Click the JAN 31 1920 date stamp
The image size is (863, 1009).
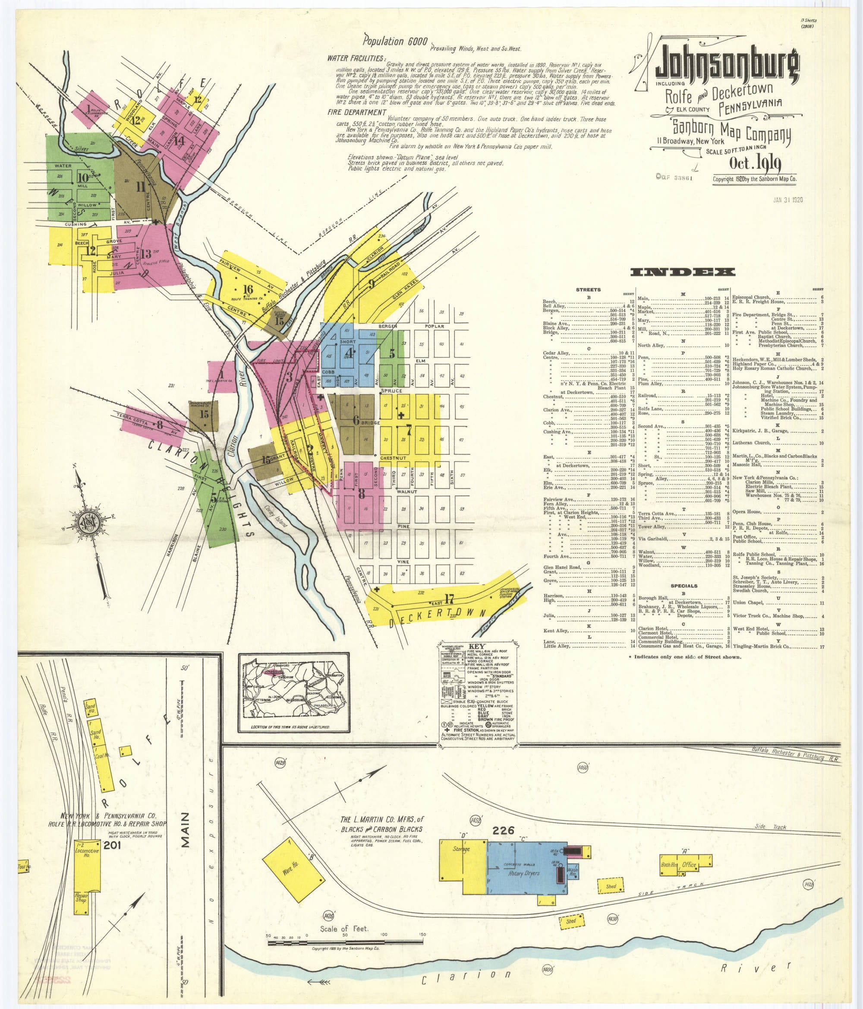pos(787,200)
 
